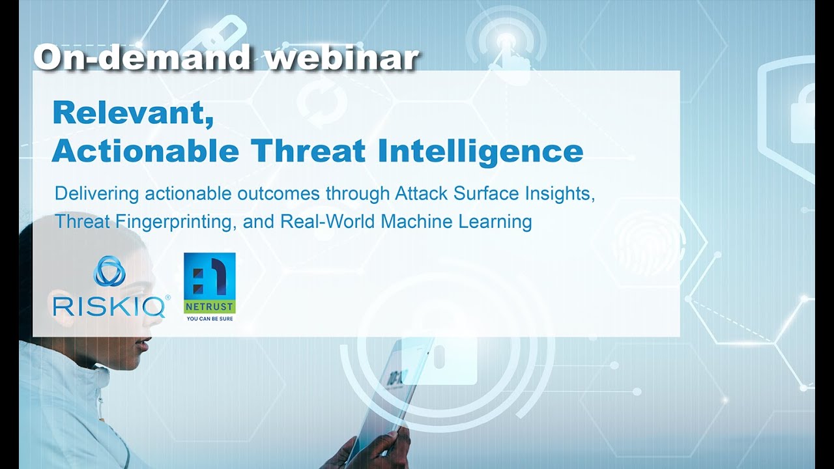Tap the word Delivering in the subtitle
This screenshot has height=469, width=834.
pos(96,193)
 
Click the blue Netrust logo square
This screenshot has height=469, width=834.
pos(209,277)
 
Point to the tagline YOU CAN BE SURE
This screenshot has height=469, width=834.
pos(209,319)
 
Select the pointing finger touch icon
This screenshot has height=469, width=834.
pos(508,49)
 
